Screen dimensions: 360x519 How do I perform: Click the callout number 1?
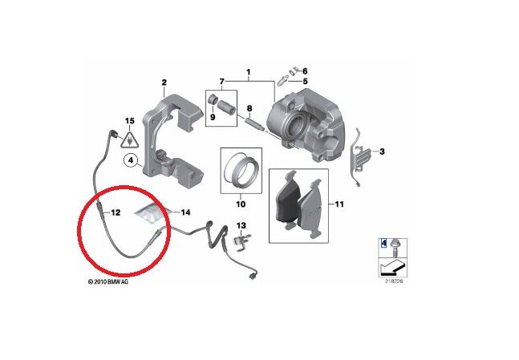tap(249, 71)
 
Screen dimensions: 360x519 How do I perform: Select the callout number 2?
tap(164, 83)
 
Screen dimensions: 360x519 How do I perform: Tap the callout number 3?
tap(382, 151)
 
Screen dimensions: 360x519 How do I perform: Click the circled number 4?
tap(128, 161)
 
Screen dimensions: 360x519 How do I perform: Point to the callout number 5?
tap(304, 82)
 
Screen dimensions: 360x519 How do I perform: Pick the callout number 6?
tap(304, 71)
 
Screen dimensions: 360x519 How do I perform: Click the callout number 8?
tap(249, 108)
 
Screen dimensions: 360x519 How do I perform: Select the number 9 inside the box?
tap(213, 117)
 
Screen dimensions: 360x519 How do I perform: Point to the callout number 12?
tap(116, 213)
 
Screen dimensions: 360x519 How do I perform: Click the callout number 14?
tap(185, 212)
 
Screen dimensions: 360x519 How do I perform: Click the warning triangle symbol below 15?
tap(128, 139)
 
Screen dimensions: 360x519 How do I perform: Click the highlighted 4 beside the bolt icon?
tap(383, 242)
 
